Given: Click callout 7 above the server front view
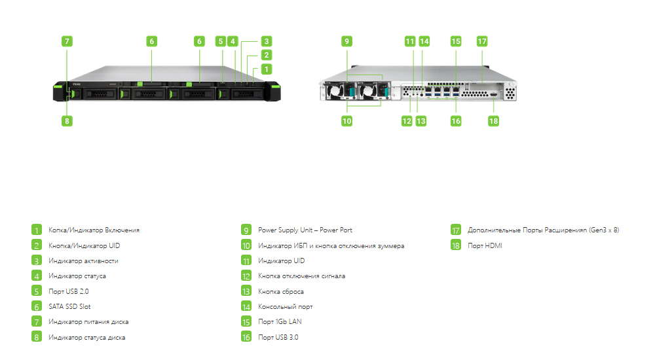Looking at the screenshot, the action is click(67, 41).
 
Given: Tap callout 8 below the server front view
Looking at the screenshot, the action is click(67, 121).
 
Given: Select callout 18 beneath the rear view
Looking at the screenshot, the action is click(493, 121).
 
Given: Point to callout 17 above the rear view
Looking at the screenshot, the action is click(482, 41).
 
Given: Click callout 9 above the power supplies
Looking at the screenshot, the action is click(346, 41).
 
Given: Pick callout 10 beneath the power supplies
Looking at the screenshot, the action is click(346, 121).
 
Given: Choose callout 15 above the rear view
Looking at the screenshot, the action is click(456, 41).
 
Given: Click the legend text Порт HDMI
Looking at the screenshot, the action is click(485, 245).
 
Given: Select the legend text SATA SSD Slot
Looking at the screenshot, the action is click(69, 306).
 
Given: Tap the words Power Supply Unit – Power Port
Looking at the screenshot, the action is click(305, 230).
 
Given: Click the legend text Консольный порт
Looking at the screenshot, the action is click(286, 306).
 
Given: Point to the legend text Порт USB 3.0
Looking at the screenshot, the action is click(278, 337).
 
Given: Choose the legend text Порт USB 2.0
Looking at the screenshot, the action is click(69, 291).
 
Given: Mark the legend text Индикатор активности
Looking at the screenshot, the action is click(84, 261).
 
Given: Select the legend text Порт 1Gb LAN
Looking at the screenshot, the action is click(280, 321).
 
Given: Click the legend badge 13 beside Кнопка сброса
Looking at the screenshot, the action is click(246, 291).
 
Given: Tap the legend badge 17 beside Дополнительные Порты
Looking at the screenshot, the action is click(456, 230).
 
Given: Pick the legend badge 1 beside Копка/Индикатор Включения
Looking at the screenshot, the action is click(36, 230).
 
